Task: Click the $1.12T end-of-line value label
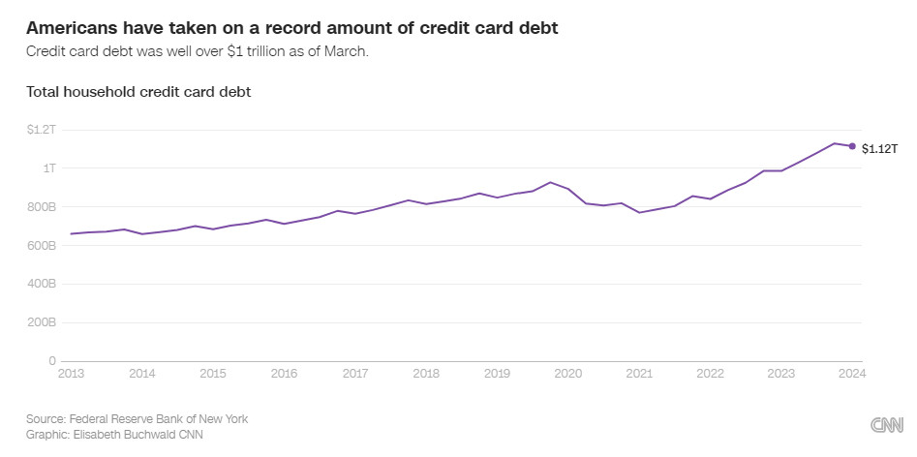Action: (x=880, y=149)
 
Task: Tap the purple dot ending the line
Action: (x=852, y=146)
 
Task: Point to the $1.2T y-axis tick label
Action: (x=43, y=130)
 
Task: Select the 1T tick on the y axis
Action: (x=49, y=168)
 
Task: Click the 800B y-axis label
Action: (x=43, y=207)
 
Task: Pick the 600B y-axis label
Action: (x=43, y=246)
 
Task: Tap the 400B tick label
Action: (x=43, y=285)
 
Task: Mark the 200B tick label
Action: (x=43, y=323)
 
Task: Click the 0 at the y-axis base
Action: (x=53, y=361)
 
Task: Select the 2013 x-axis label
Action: (x=71, y=373)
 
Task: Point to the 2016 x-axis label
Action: (x=284, y=373)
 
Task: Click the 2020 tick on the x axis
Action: (x=567, y=373)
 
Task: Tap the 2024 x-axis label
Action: (x=852, y=373)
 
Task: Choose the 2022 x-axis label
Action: (x=710, y=373)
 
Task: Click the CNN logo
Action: (x=887, y=425)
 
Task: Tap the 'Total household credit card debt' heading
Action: (x=139, y=92)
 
